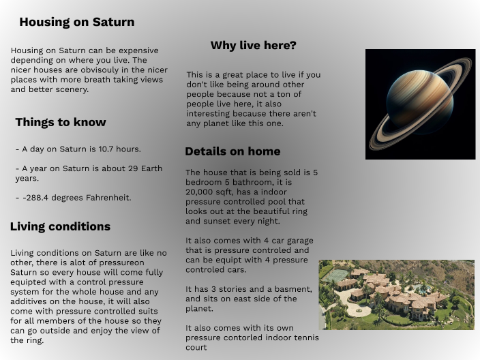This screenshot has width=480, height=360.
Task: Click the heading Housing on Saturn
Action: click(76, 22)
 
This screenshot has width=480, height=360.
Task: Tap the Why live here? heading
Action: click(253, 46)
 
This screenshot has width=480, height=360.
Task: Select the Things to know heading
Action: click(61, 123)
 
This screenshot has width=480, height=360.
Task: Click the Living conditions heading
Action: click(60, 226)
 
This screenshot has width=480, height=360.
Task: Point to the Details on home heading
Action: click(232, 151)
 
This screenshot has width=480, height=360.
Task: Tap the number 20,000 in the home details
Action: click(201, 192)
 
